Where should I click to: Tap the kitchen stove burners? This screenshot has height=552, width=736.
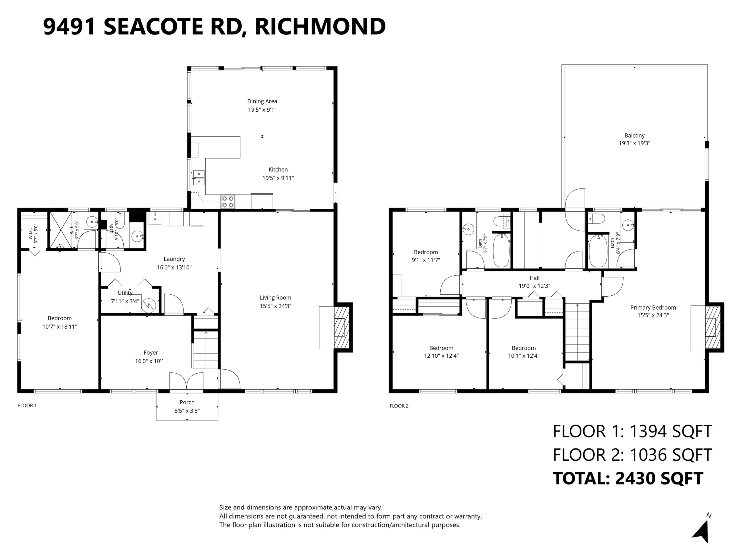[x=228, y=202]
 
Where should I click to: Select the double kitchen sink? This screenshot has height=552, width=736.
[x=199, y=178]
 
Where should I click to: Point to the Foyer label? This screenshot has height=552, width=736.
[x=151, y=353]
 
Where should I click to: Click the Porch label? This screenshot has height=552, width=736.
[x=187, y=402]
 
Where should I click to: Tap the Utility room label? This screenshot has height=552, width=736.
[x=125, y=293]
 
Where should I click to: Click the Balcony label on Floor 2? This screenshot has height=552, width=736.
[x=634, y=135]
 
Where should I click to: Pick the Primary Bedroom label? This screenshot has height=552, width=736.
[x=653, y=307]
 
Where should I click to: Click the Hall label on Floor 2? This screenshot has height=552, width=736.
[x=534, y=278]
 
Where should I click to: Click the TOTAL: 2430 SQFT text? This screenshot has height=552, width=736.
[x=628, y=478]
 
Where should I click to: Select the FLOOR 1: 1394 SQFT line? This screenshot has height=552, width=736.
[x=632, y=431]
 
